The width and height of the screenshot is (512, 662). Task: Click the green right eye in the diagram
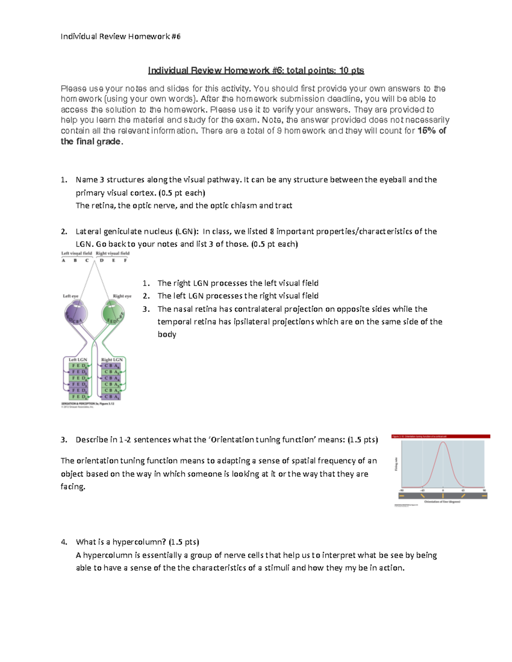click(x=113, y=312)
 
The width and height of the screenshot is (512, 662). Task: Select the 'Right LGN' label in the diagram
click(x=111, y=360)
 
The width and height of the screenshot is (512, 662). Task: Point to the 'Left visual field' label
click(x=76, y=253)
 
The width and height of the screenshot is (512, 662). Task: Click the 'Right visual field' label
click(x=113, y=253)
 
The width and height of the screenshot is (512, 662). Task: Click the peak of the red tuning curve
click(x=443, y=442)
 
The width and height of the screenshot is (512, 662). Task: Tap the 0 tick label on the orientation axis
click(x=443, y=491)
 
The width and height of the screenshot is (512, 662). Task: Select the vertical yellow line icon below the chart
click(x=443, y=496)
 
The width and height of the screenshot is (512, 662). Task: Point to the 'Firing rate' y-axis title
click(x=396, y=464)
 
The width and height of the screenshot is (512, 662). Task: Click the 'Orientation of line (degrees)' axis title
click(x=442, y=502)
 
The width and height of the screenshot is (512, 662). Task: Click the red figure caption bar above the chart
click(x=440, y=437)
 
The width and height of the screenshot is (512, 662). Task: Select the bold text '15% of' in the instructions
click(x=432, y=131)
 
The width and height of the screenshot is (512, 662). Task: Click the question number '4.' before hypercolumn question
click(x=64, y=542)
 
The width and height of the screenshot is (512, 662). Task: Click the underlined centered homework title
click(x=256, y=70)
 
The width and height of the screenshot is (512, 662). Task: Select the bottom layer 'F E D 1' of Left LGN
click(x=79, y=397)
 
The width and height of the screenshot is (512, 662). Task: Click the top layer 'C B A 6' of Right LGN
click(x=111, y=366)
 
